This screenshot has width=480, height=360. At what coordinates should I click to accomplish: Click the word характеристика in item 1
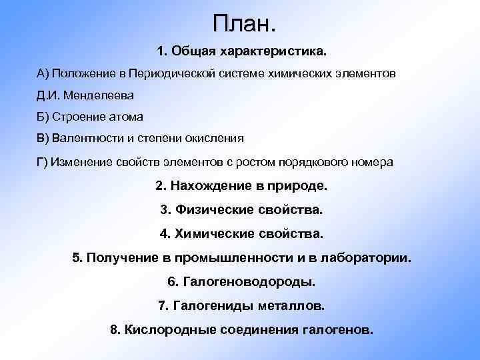point(275,51)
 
